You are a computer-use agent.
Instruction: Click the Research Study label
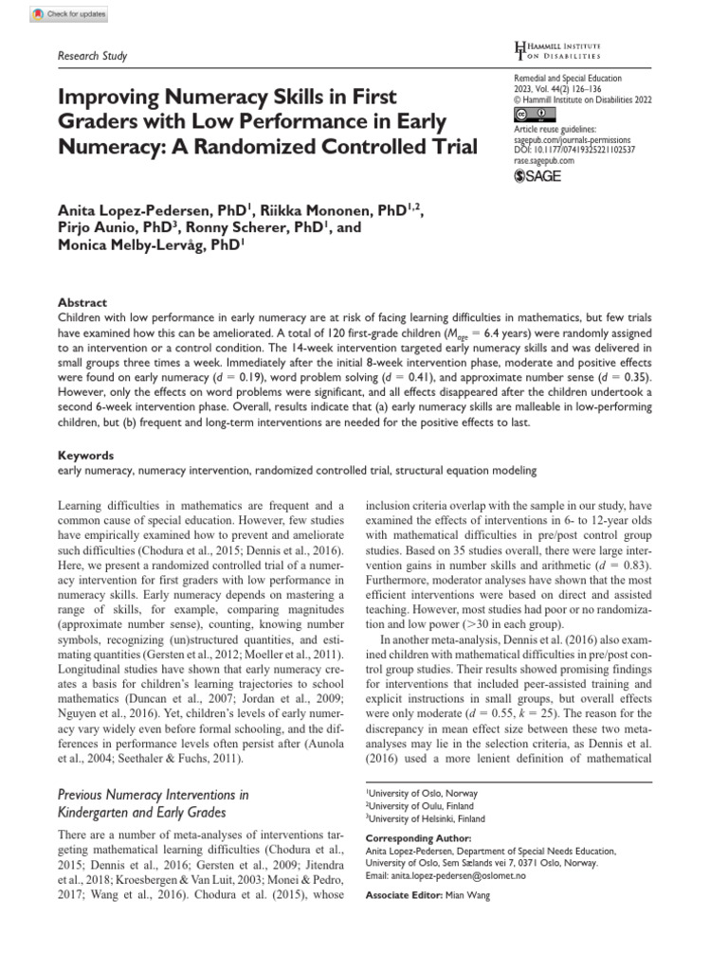(x=92, y=56)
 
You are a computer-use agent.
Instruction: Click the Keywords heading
(x=85, y=455)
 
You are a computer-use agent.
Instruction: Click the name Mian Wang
(x=469, y=895)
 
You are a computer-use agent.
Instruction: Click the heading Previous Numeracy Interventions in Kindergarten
(x=154, y=802)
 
